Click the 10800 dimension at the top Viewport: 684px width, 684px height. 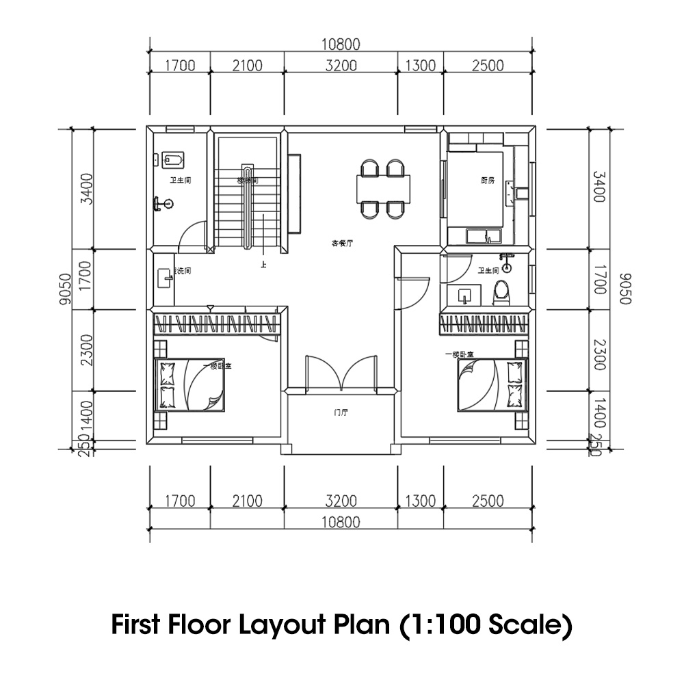tap(341, 45)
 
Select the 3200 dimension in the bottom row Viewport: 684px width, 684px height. tap(341, 501)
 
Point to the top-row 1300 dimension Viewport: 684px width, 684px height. tap(421, 66)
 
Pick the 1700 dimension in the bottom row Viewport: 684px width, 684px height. tap(180, 501)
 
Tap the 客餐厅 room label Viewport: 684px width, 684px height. tap(342, 244)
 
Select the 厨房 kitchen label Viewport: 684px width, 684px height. tap(487, 181)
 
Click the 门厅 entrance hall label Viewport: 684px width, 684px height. tap(341, 413)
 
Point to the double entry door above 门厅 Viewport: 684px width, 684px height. tap(341, 373)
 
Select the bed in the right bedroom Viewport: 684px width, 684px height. tap(492, 386)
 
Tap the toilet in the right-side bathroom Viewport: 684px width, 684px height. tap(502, 292)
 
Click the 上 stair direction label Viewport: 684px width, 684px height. tap(263, 263)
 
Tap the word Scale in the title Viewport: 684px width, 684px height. tap(530, 624)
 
